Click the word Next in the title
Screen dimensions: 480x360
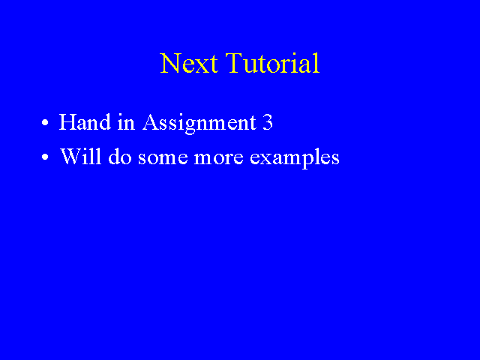pyautogui.click(x=189, y=63)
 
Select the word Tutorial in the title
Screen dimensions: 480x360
pyautogui.click(x=273, y=63)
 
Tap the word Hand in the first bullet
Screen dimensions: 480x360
pyautogui.click(x=85, y=121)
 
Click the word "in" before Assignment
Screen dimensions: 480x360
pyautogui.click(x=126, y=122)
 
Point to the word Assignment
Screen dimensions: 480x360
pyautogui.click(x=199, y=124)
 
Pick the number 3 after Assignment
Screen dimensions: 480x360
pyautogui.click(x=268, y=122)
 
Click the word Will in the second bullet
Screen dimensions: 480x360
pyautogui.click(x=80, y=157)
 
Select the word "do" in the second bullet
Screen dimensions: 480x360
pyautogui.click(x=120, y=157)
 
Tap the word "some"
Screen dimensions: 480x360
pyautogui.click(x=163, y=158)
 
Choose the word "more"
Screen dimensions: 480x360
pyautogui.click(x=218, y=158)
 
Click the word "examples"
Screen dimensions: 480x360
pyautogui.click(x=295, y=159)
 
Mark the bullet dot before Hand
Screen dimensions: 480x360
pyautogui.click(x=45, y=123)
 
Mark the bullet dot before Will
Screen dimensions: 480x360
pyautogui.click(x=45, y=157)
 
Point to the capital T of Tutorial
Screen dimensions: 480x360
pyautogui.click(x=234, y=63)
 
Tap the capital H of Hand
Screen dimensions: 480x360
pyautogui.click(x=67, y=122)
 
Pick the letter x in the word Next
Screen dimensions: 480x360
pyautogui.click(x=200, y=67)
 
